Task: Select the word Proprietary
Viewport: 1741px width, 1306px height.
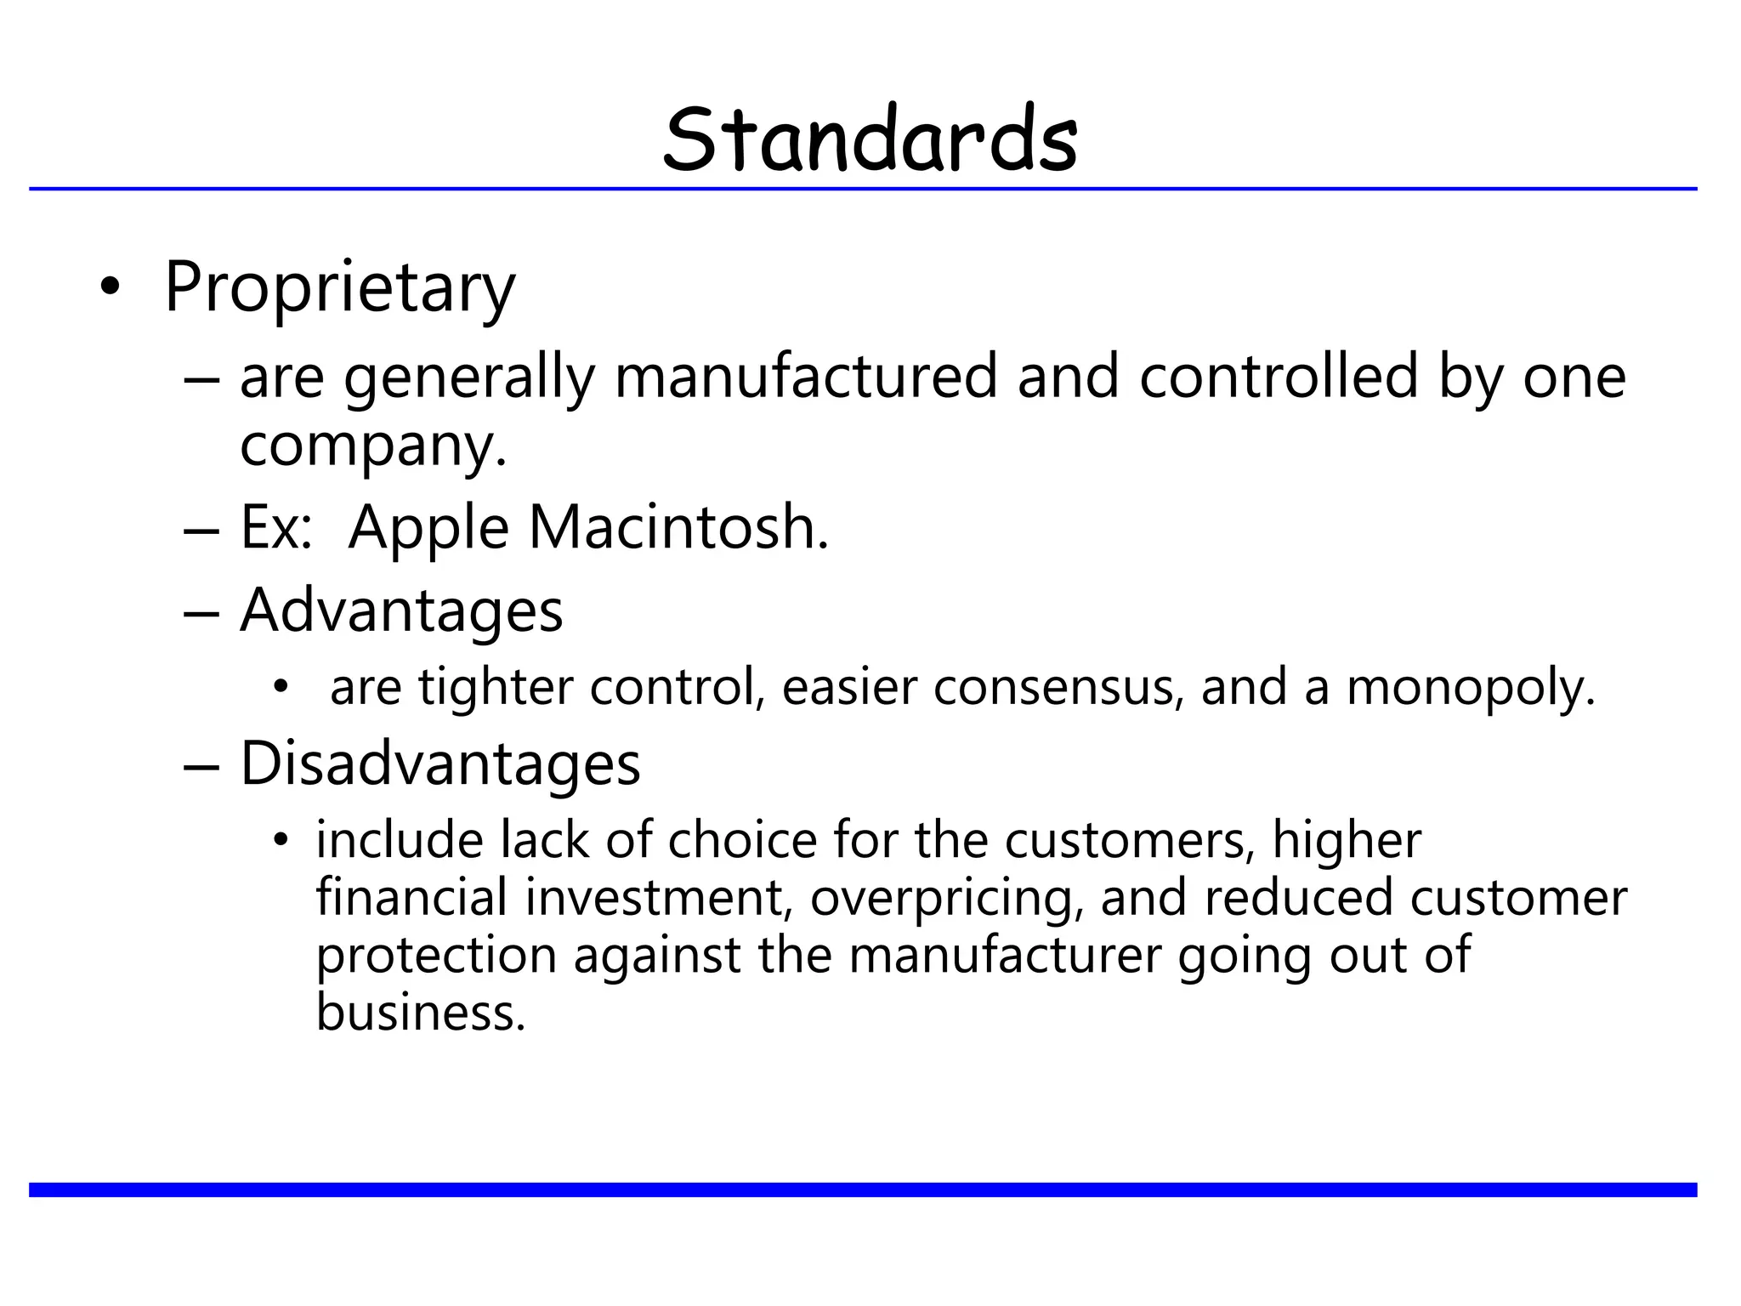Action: pos(339,287)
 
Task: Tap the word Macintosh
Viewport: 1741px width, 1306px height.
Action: pos(678,528)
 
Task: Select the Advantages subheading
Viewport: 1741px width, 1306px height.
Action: pos(401,610)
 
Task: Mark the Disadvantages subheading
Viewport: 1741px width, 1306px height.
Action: pos(440,764)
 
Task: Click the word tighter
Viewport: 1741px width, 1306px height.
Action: pos(496,687)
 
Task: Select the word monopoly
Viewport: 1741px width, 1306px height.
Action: pos(1470,687)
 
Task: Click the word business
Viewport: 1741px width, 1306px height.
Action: pos(420,1013)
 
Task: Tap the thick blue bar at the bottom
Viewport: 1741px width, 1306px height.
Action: pos(863,1190)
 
